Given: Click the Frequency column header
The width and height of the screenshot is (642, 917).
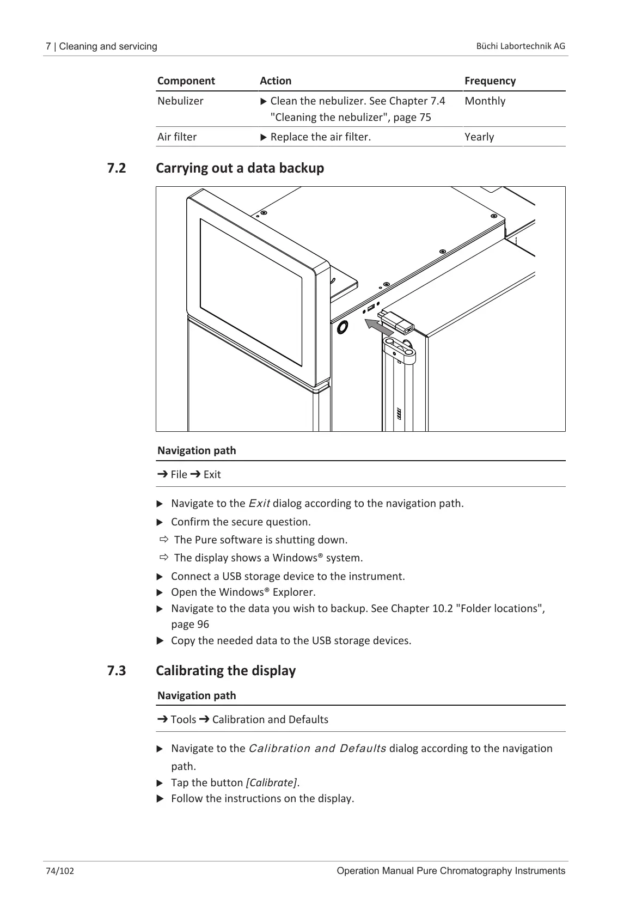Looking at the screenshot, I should pyautogui.click(x=490, y=81).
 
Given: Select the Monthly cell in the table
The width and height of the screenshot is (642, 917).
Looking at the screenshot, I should pyautogui.click(x=485, y=101).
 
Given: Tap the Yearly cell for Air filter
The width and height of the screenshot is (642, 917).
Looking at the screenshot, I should pyautogui.click(x=479, y=137).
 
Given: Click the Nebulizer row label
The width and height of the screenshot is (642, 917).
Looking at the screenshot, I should pyautogui.click(x=180, y=101).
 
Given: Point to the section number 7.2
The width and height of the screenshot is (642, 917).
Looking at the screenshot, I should pyautogui.click(x=116, y=168).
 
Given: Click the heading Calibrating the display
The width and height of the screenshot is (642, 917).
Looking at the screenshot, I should pyautogui.click(x=225, y=670).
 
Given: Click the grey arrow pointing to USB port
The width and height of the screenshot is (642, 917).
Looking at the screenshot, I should pyautogui.click(x=378, y=327).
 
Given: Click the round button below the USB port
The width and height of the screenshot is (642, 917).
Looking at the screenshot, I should pyautogui.click(x=343, y=327).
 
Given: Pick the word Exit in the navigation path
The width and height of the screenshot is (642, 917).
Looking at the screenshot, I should pyautogui.click(x=212, y=475).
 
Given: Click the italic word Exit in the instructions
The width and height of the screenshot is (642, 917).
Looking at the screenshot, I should pyautogui.click(x=259, y=504).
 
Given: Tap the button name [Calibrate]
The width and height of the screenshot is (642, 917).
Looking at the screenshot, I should pyautogui.click(x=272, y=783).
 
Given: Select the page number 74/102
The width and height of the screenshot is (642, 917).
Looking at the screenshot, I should pyautogui.click(x=60, y=871).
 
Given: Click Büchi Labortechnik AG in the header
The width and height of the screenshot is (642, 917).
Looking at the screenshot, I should pyautogui.click(x=521, y=46).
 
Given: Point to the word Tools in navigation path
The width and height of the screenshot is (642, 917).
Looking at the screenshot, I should pyautogui.click(x=183, y=720).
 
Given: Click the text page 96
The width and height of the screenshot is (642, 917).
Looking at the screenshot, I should pyautogui.click(x=190, y=625).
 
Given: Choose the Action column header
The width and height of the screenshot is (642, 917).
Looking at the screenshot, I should pyautogui.click(x=276, y=81).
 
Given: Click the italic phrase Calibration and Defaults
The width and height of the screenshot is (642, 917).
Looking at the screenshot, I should pyautogui.click(x=317, y=749).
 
